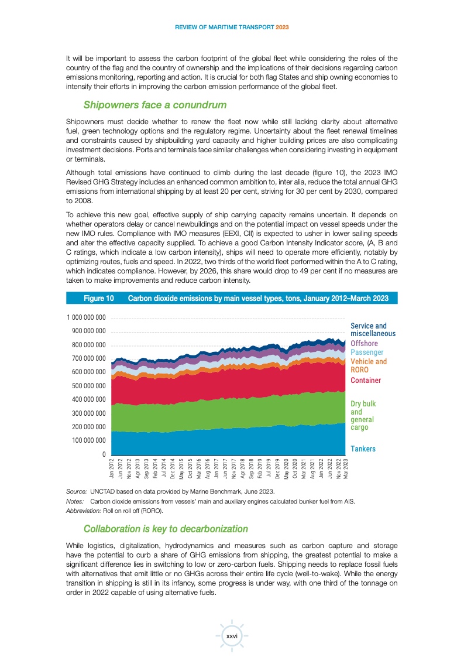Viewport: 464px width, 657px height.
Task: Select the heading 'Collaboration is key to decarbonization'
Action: [x=166, y=529]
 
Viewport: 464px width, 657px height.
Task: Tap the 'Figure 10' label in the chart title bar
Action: [x=99, y=299]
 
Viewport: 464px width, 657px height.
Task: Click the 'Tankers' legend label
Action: [x=363, y=449]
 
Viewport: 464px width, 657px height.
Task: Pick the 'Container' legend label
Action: [x=366, y=381]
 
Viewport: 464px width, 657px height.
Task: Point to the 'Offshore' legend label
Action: [x=364, y=343]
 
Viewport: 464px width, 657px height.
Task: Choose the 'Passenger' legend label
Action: [x=367, y=353]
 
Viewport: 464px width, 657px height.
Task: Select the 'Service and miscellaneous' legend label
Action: [x=373, y=330]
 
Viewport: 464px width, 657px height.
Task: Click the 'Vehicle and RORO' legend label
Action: [x=369, y=366]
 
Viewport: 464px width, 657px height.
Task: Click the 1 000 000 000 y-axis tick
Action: [x=85, y=318]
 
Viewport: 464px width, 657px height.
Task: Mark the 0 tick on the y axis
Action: [x=104, y=454]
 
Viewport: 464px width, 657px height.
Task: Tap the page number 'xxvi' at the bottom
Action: [x=232, y=636]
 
